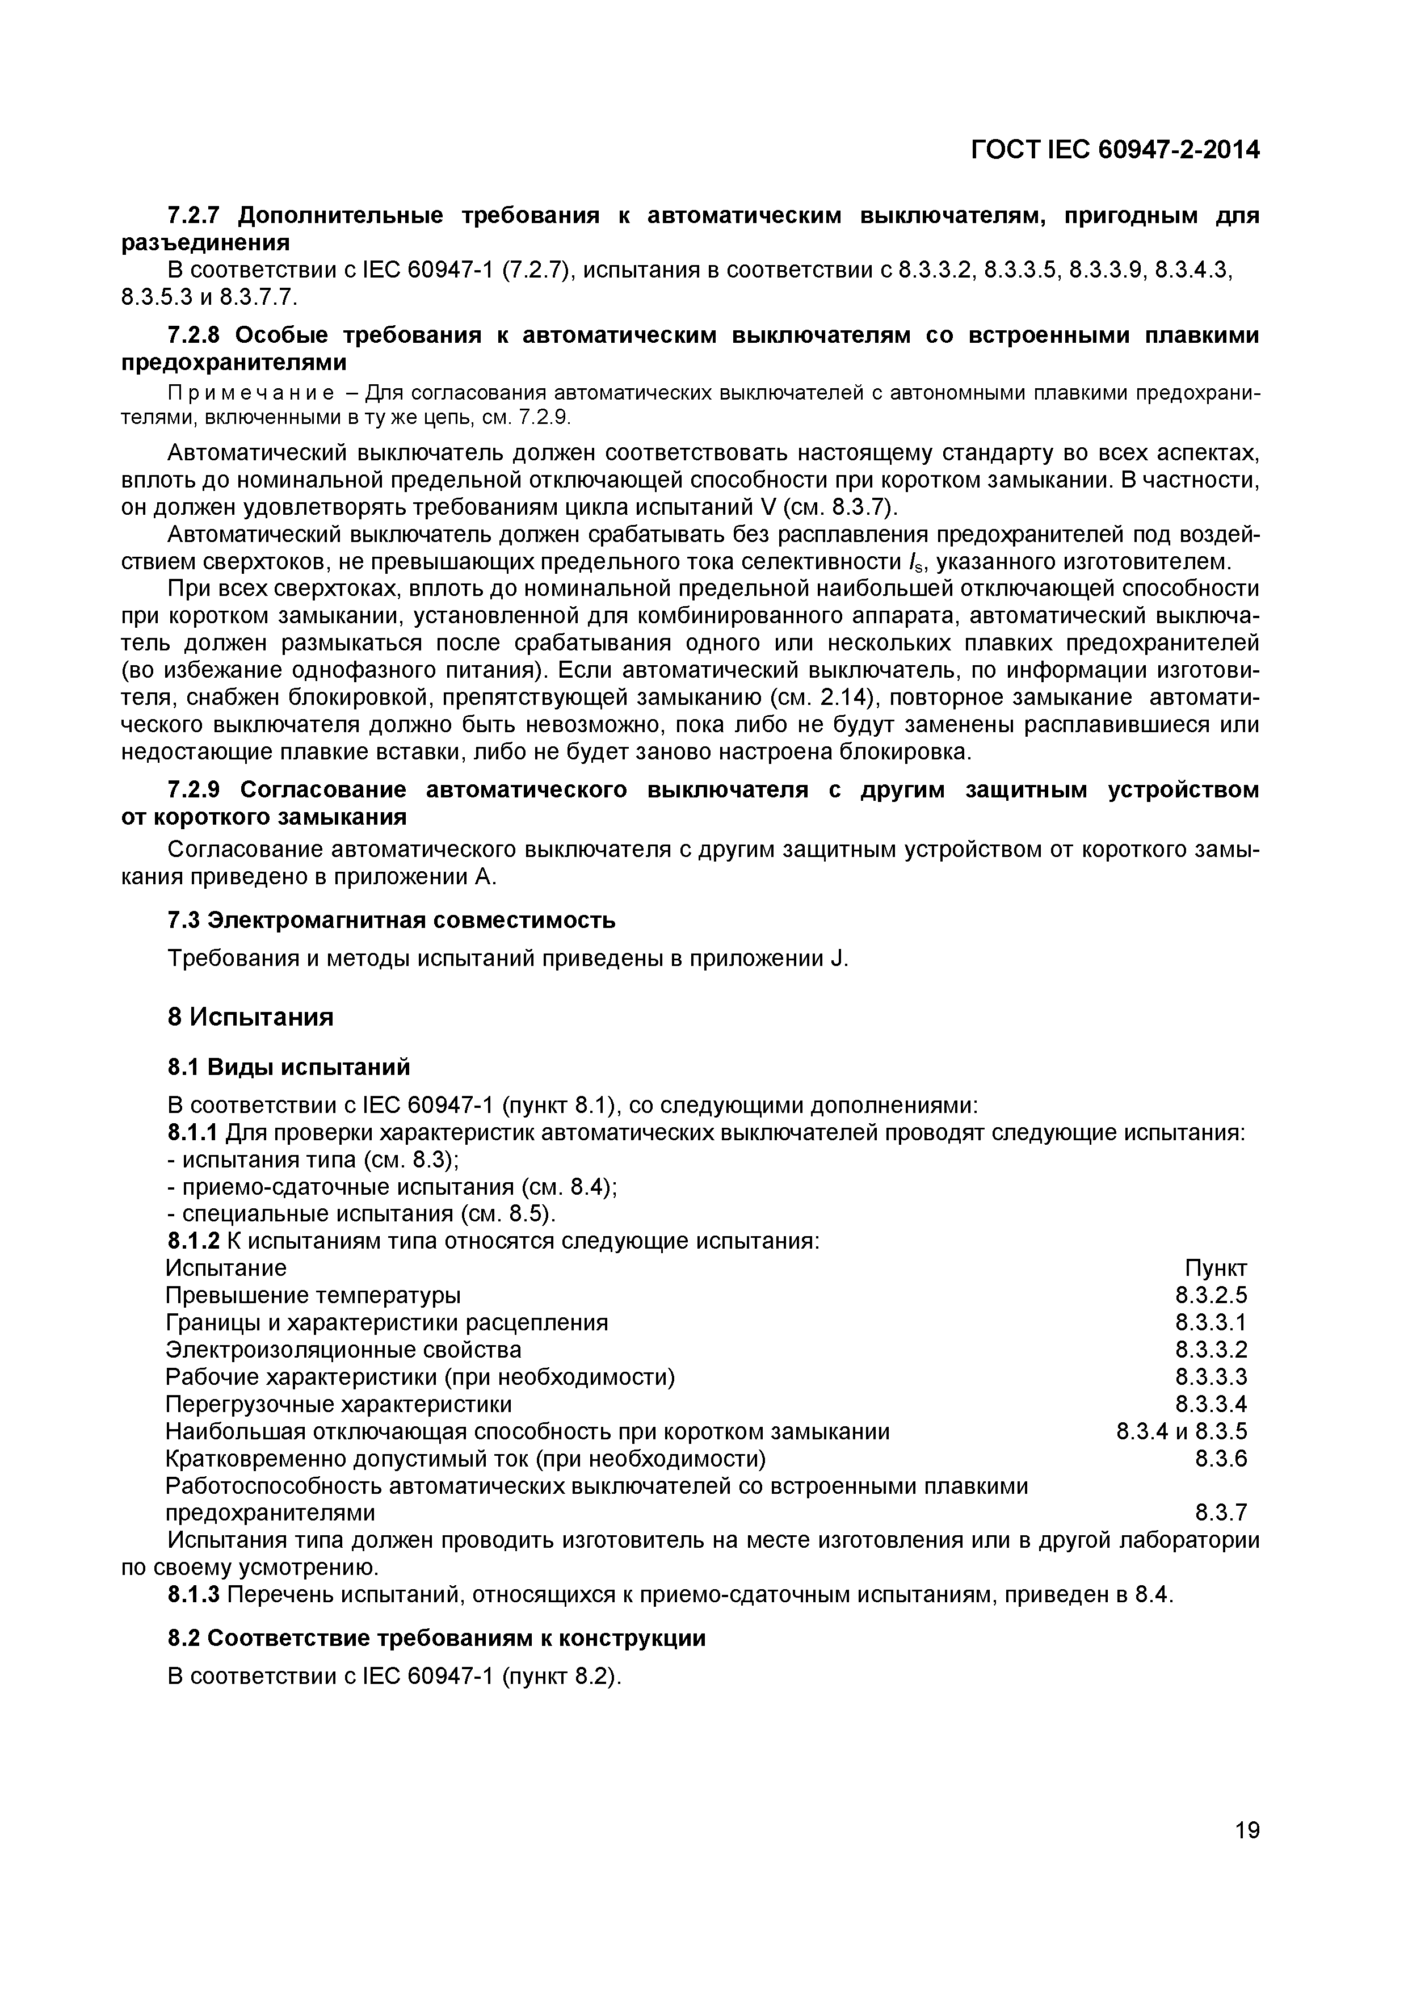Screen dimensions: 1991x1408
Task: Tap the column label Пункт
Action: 1216,1268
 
